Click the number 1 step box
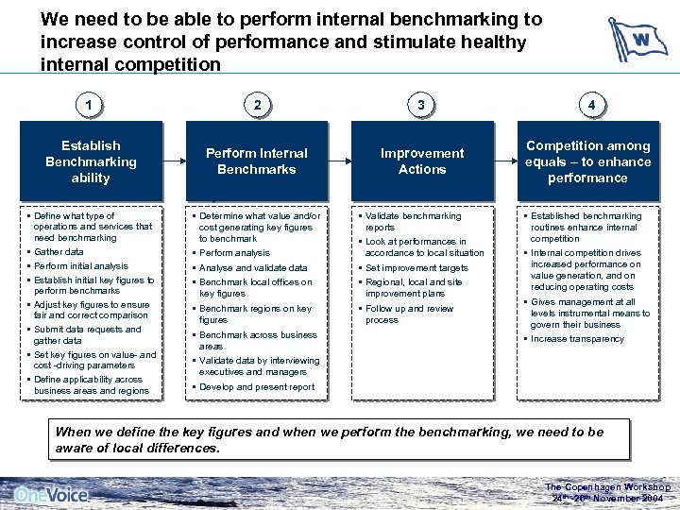[90, 106]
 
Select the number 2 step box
[257, 106]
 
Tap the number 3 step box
[421, 106]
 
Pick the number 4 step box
[590, 106]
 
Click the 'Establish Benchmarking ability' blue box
[91, 161]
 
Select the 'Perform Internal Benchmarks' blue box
[257, 161]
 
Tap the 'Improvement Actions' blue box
[422, 161]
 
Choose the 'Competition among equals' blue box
[587, 161]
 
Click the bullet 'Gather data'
[59, 252]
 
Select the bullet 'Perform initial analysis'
[80, 266]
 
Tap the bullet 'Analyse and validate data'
[253, 268]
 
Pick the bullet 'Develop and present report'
[257, 387]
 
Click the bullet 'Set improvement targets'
[416, 268]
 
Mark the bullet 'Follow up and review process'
[409, 314]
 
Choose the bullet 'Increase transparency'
[577, 339]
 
